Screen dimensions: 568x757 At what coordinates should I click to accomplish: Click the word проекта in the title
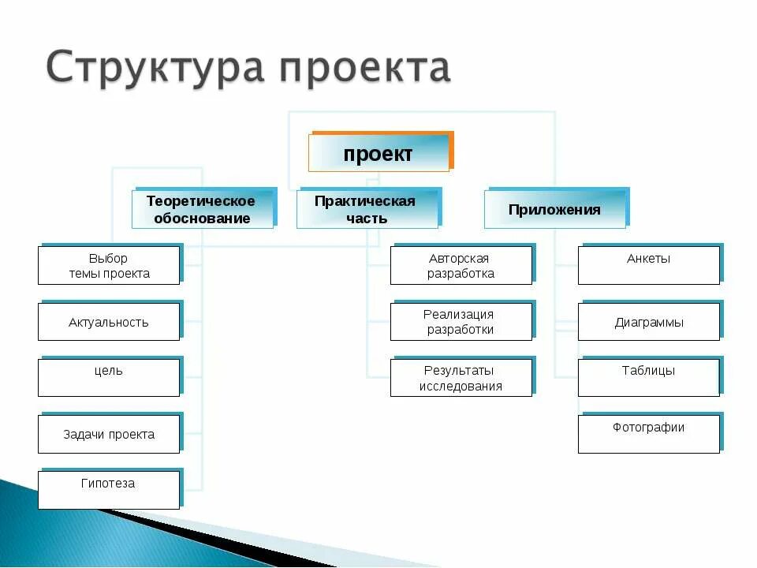[x=367, y=69]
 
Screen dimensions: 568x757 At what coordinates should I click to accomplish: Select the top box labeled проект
[x=378, y=153]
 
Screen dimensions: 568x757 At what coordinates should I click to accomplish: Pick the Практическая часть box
[x=367, y=210]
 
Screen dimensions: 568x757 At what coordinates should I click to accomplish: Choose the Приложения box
[x=554, y=210]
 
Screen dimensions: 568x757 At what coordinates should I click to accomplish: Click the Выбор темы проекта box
[x=109, y=266]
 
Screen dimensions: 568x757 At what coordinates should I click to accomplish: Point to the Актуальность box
[x=109, y=322]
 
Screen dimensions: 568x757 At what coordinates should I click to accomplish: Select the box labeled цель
[x=109, y=377]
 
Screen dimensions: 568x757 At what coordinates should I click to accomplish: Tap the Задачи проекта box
[x=109, y=434]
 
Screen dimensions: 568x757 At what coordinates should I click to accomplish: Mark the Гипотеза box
[x=109, y=489]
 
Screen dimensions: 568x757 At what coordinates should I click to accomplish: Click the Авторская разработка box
[x=461, y=266]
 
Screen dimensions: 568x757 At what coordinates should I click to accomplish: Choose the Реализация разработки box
[x=461, y=322]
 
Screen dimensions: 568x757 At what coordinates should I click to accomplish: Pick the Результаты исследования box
[x=461, y=377]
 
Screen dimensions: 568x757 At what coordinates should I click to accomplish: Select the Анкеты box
[x=648, y=266]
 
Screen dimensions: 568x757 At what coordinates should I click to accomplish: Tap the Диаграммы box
[x=648, y=322]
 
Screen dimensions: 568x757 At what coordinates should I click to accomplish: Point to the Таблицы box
[x=648, y=377]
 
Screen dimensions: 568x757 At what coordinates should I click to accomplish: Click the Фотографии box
[x=648, y=434]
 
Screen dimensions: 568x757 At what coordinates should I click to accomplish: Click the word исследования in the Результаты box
[x=461, y=387]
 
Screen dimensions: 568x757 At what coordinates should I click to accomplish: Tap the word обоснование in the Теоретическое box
[x=202, y=219]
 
